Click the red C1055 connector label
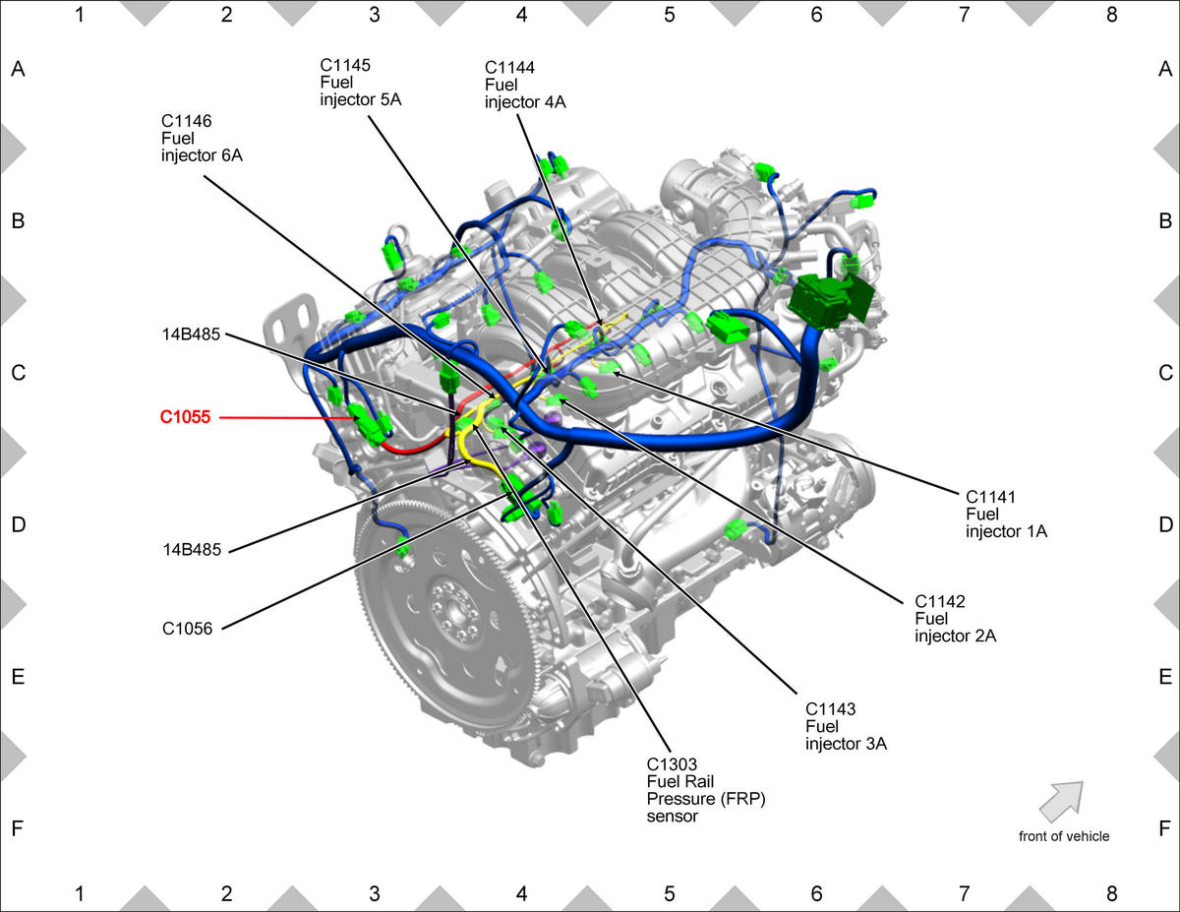(x=185, y=417)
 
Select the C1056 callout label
(x=188, y=629)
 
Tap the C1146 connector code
(x=186, y=121)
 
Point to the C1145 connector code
(x=345, y=65)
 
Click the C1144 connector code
(x=509, y=67)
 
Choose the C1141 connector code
(x=990, y=497)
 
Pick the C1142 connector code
(x=939, y=601)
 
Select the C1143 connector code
(x=830, y=709)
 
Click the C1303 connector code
(x=672, y=764)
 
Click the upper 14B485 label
(x=191, y=334)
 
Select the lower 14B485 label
(x=192, y=550)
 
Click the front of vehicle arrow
(x=1062, y=801)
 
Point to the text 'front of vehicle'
(x=1064, y=836)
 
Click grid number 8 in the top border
(x=1111, y=15)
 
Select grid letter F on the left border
(x=18, y=828)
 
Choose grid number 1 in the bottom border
(x=80, y=893)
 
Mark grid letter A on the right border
(x=1165, y=69)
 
